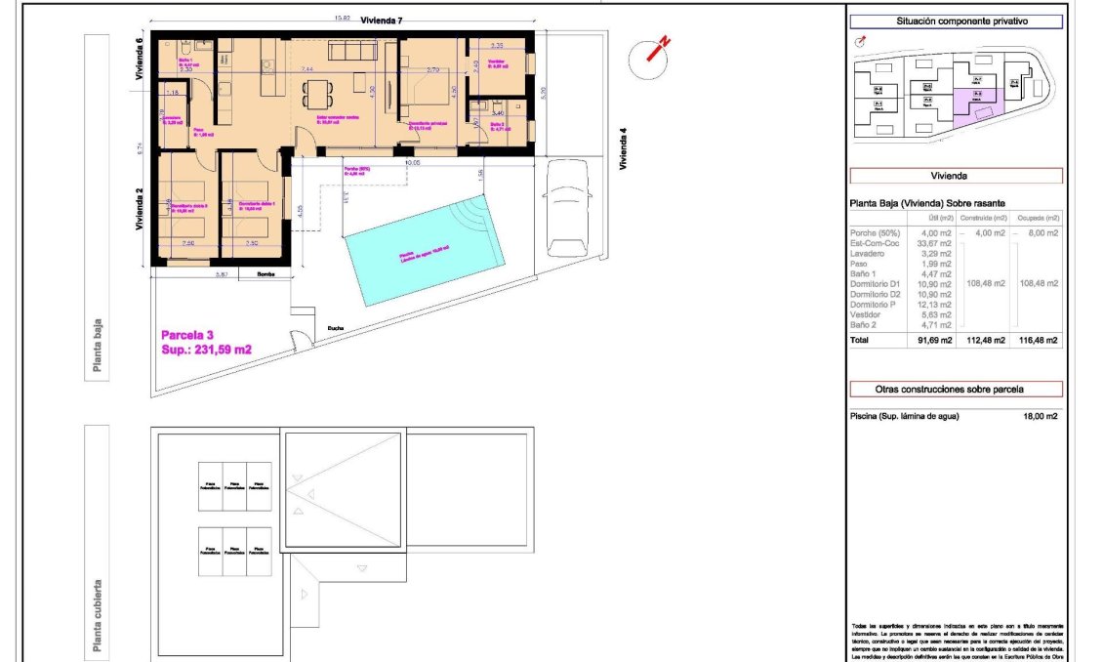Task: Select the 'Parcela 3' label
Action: tap(189, 335)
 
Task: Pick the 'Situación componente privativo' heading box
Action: tap(956, 21)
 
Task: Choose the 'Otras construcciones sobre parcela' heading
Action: tap(956, 389)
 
